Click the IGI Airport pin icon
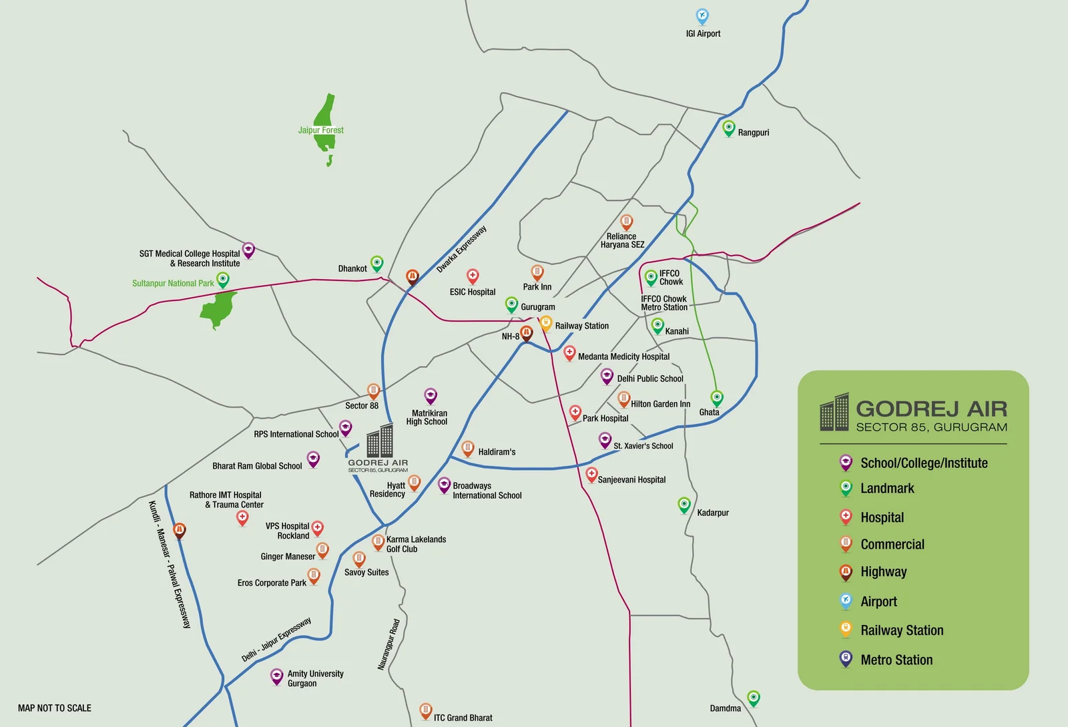click(x=702, y=15)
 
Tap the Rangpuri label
click(x=753, y=133)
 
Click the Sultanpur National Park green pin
click(x=223, y=279)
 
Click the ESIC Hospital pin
click(x=473, y=275)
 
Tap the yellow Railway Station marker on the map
click(x=545, y=323)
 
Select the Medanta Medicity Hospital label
click(x=623, y=356)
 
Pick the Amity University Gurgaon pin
click(x=276, y=676)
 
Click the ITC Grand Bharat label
click(x=463, y=718)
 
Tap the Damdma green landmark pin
click(x=753, y=698)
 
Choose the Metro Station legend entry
click(x=896, y=660)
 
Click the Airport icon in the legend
click(x=846, y=600)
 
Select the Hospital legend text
click(x=882, y=517)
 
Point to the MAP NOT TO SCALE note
click(x=55, y=708)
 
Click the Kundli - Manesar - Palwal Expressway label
click(x=170, y=564)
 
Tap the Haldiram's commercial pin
click(x=468, y=447)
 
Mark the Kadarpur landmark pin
click(x=684, y=504)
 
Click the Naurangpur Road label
click(x=388, y=644)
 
